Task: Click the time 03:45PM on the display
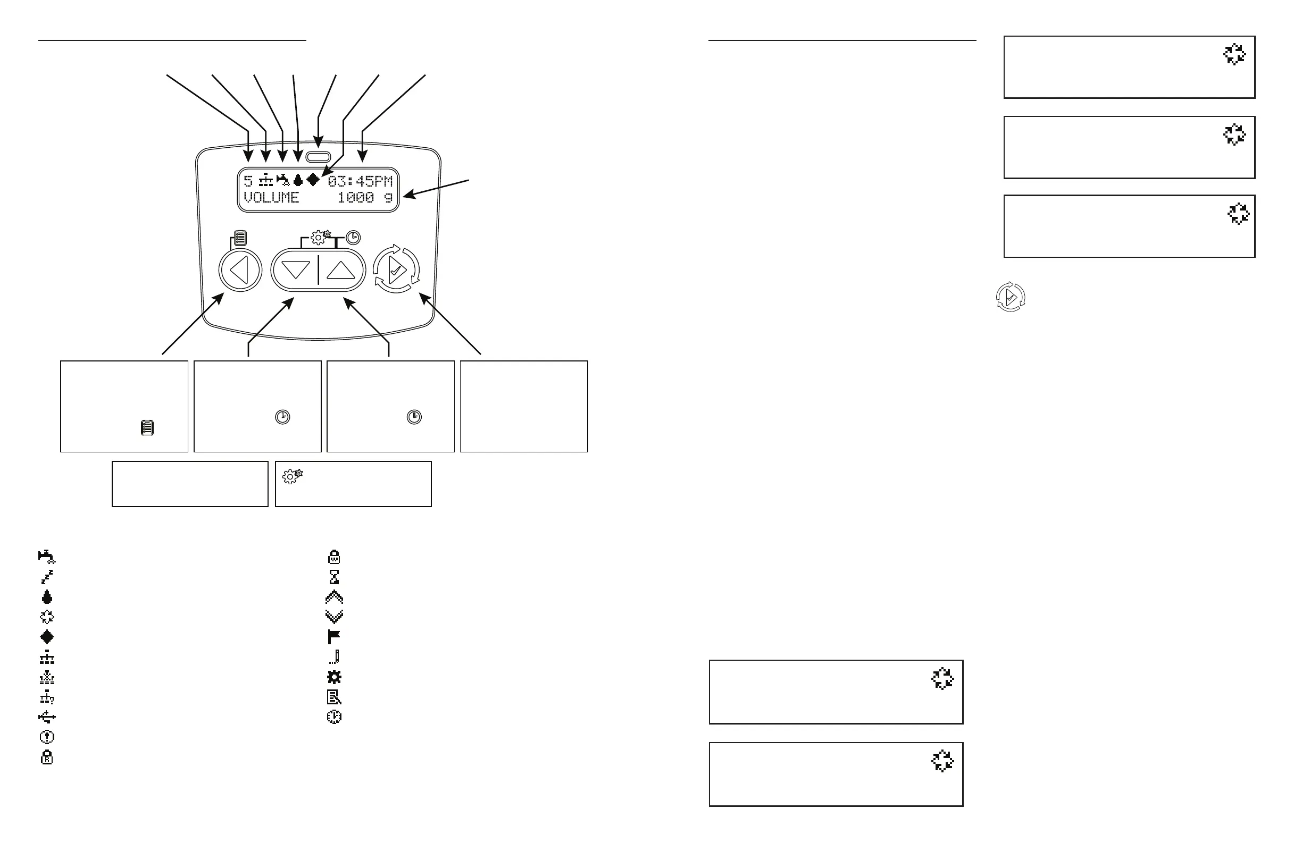point(360,181)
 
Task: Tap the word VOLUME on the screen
point(271,197)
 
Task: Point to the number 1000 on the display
point(356,197)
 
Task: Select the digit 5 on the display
point(248,181)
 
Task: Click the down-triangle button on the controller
point(295,270)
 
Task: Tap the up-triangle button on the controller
point(341,270)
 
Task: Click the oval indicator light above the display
point(318,157)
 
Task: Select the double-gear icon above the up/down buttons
point(321,237)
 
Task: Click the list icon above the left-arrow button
point(240,238)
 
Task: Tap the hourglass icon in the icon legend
point(333,577)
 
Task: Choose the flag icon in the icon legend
point(333,637)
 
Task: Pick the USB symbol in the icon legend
point(47,717)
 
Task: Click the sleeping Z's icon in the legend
point(47,577)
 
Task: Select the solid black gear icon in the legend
point(333,677)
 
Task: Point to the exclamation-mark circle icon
point(47,737)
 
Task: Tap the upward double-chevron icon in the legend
point(333,596)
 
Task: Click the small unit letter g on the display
point(388,198)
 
